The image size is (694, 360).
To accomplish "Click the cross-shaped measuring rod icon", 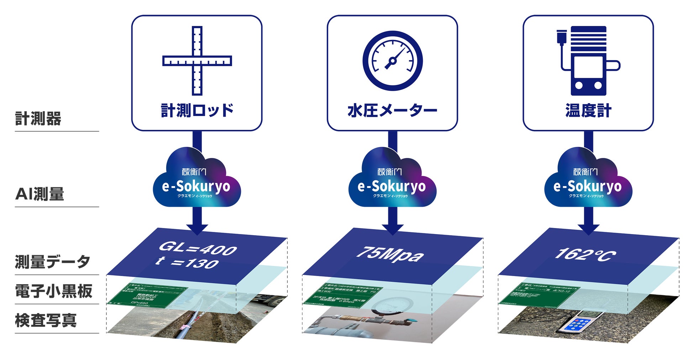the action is coord(197,60).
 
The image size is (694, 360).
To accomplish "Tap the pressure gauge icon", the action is coord(392,60).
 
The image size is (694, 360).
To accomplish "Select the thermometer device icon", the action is coord(587,60).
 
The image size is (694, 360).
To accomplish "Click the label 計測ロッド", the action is coord(197,111).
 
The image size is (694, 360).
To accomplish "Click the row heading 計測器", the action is coord(38,119).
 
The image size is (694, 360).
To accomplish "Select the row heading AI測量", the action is coord(40,194).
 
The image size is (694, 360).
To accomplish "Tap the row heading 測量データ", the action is coord(52,262).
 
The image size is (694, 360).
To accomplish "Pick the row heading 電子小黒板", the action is coord(53,291).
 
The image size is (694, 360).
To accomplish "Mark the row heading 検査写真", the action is coord(46,320).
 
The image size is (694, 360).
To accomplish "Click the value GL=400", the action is coord(198,248).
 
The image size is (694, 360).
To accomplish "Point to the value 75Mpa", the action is coord(390,254).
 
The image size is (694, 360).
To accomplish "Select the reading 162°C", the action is coord(585,254).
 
